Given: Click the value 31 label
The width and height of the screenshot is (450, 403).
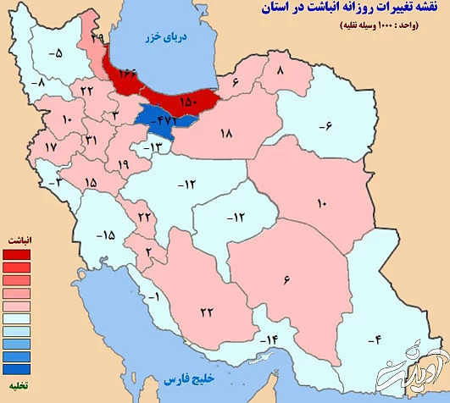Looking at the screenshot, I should point(92,139).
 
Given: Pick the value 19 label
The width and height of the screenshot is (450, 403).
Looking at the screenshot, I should point(124,165).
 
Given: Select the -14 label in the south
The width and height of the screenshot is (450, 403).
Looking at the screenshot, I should point(269,340).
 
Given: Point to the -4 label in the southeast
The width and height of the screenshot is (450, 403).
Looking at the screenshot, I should point(371,340).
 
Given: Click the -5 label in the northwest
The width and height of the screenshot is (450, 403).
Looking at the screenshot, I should point(56,53).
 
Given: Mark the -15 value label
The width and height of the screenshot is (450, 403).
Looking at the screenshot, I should point(105,234).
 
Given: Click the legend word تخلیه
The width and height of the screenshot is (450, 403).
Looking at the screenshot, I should point(17,387).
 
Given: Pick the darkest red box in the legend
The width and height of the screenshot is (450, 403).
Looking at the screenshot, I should point(17,254).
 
